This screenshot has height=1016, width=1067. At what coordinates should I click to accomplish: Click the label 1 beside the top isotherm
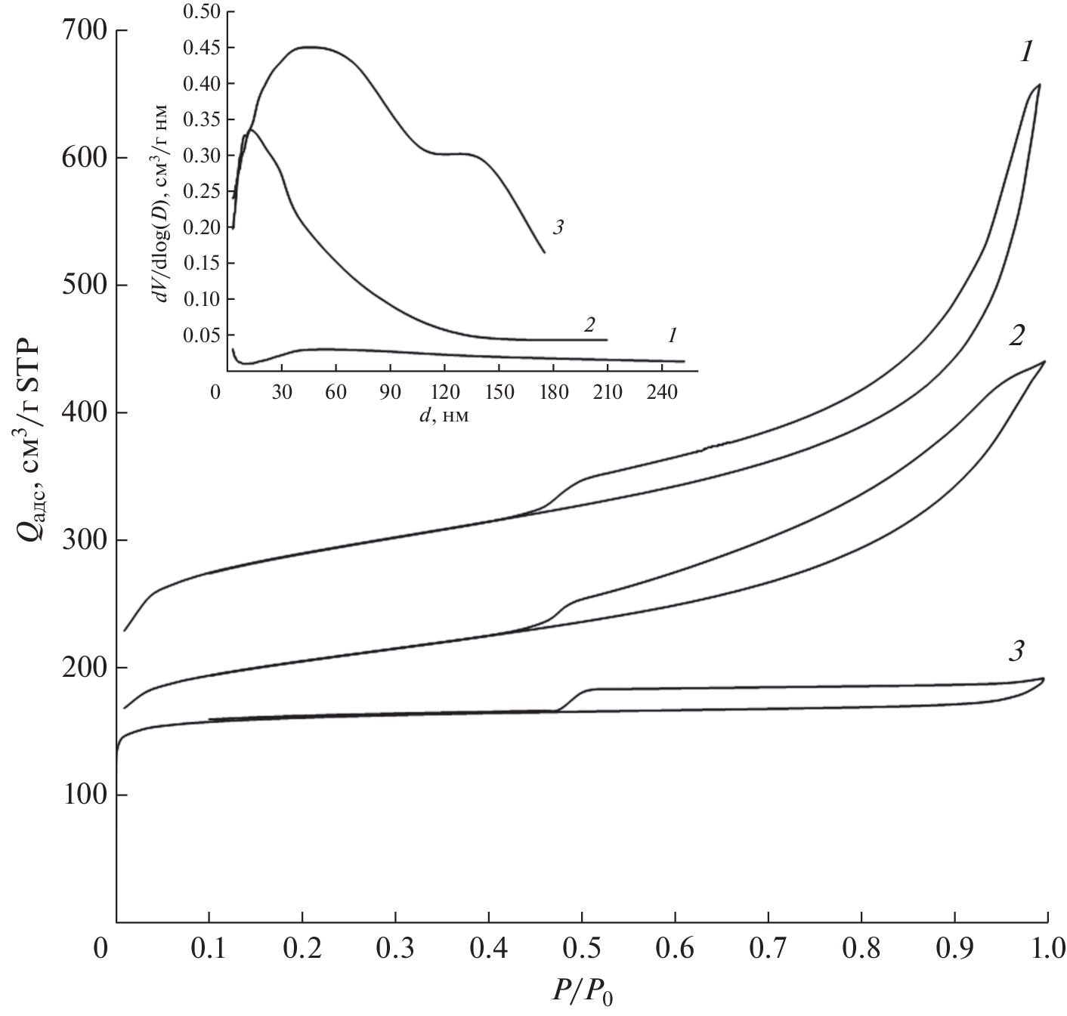tap(1025, 52)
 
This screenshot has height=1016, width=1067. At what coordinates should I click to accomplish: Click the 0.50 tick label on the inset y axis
tap(200, 11)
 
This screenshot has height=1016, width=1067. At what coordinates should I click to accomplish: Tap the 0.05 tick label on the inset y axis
tap(200, 335)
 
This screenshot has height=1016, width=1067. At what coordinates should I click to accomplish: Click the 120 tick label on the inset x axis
tap(444, 393)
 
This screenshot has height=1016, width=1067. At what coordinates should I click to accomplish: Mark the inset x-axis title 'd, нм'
tap(444, 416)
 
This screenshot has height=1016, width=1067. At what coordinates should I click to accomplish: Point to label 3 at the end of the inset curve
tap(558, 226)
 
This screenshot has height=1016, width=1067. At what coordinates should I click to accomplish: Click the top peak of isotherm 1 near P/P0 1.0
tap(1040, 85)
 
